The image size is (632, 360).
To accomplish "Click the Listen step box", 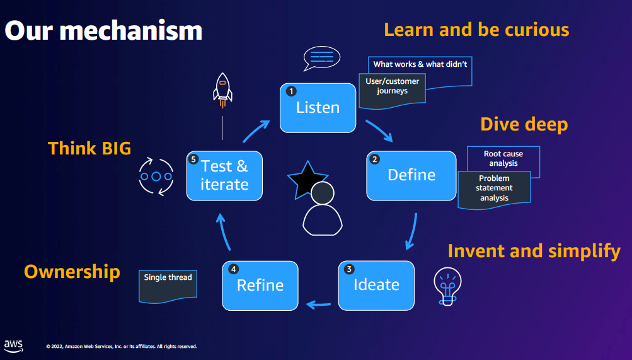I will pos(318,108).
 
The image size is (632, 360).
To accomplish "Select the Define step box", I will pos(411,175).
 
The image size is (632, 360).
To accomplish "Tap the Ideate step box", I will pos(376,285).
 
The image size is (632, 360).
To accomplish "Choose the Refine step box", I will pos(260,285).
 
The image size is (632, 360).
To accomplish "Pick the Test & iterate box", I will pos(224,175).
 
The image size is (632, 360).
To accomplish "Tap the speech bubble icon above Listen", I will pos(321,59).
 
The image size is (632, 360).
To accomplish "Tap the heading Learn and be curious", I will pos(476,30).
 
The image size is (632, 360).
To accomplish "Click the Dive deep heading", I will pos(524,124).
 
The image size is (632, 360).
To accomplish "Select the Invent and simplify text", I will pos(534,251).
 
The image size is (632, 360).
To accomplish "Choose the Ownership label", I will pos(72,272).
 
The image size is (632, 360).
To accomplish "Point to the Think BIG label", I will pos(89,148).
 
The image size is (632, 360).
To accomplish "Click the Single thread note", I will pos(168,283).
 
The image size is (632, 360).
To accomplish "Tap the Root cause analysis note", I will pos(503,158).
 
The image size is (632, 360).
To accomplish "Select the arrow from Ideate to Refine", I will pos(319,305).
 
